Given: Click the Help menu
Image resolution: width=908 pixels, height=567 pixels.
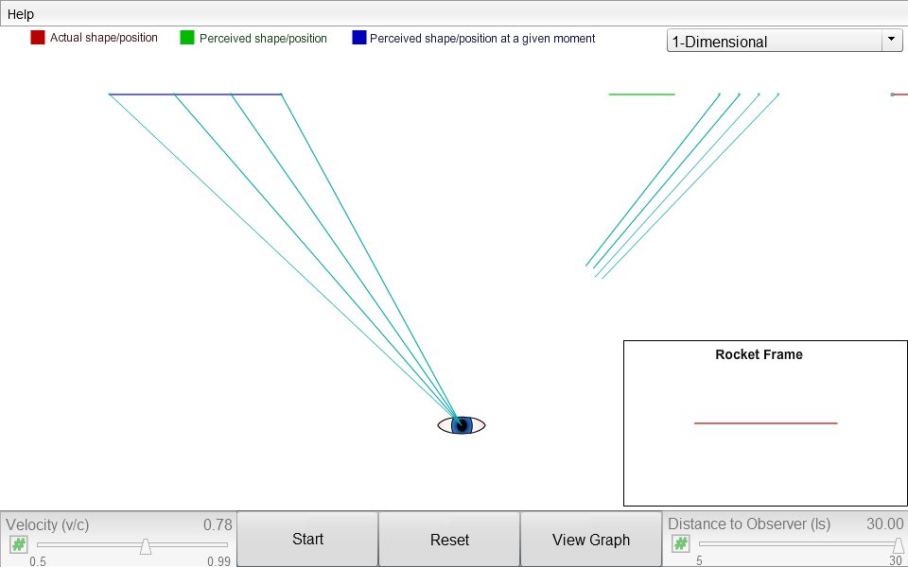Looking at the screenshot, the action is coord(21,14).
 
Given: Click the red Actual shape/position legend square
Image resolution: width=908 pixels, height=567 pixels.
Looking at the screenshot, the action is coord(38,38).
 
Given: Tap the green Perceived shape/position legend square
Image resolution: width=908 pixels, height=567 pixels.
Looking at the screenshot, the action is coord(187,38).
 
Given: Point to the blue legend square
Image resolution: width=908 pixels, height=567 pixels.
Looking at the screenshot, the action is coord(359,38).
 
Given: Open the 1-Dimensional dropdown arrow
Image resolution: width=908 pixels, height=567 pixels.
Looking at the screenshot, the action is coord(891,40).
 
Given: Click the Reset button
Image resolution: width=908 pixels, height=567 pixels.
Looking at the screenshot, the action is coord(449,540).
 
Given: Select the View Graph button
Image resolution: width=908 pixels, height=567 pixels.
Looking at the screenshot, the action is coord(590,540).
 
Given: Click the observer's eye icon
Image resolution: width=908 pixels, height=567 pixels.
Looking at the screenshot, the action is coord(462,425).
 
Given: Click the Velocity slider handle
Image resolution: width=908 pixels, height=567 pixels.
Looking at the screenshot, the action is coord(146,546).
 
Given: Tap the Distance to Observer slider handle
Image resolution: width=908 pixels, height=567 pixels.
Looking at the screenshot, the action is coord(899,545).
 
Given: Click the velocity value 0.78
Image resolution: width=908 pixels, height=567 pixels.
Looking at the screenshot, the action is coord(218,524).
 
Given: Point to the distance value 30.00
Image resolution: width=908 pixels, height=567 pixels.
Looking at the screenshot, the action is coord(885,524).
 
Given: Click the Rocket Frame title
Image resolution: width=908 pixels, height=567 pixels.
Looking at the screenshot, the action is coord(759,354).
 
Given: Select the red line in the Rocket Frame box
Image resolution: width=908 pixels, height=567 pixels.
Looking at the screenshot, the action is coord(765,423).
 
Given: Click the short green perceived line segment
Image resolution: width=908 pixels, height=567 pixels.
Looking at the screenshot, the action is coord(641,94).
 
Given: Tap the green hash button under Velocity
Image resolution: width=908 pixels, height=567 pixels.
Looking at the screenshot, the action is coord(19,544).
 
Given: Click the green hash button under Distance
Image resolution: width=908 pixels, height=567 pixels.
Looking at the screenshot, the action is coord(680,544).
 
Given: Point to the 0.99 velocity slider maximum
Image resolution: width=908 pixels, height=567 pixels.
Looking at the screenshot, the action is coord(218,560).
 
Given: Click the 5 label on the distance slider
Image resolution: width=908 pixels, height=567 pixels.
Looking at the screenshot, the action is coord(699,560).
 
